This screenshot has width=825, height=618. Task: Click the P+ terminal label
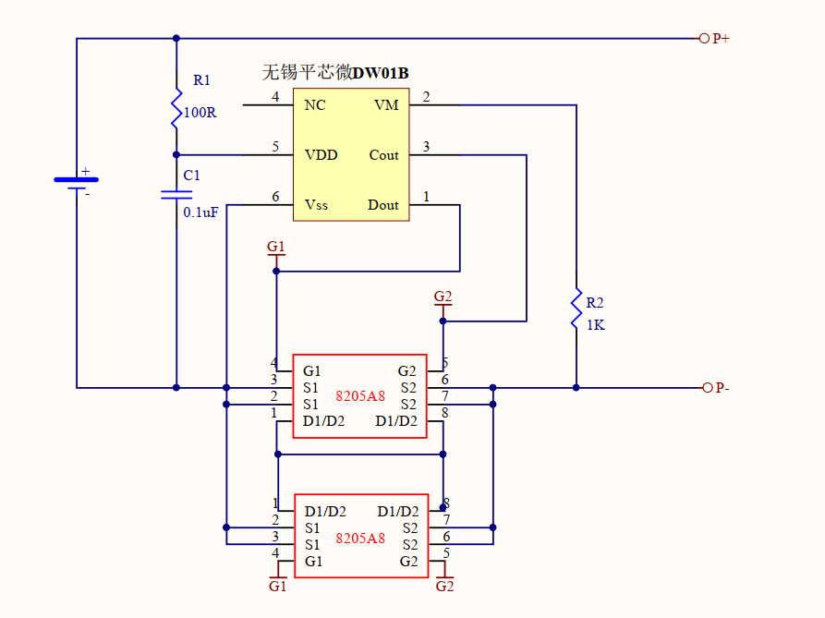(721, 39)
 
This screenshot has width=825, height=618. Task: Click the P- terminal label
(722, 388)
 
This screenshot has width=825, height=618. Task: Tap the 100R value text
(200, 113)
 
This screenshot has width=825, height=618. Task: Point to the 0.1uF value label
(200, 212)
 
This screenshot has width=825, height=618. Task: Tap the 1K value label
(596, 325)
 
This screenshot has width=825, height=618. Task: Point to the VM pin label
(386, 105)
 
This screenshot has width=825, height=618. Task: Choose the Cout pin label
(383, 155)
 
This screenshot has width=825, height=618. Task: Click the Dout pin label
(383, 205)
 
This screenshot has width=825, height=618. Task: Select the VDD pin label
(322, 155)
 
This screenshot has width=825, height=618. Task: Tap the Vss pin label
(316, 205)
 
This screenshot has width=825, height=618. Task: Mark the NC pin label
(315, 105)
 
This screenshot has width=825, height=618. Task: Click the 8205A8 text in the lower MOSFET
(360, 538)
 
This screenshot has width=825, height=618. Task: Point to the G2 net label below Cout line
(443, 297)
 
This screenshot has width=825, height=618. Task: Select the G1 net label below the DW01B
(276, 247)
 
